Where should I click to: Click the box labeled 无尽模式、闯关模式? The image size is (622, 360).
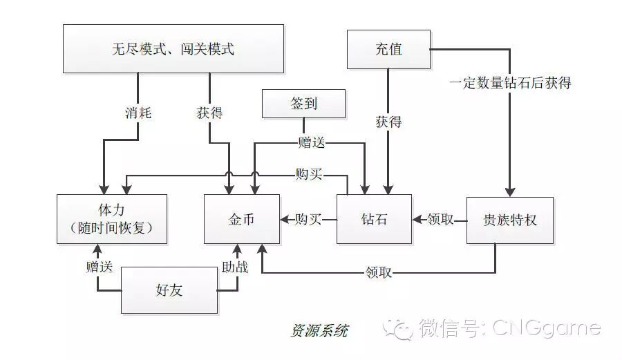point(173,48)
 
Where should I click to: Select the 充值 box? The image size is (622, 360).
point(388,48)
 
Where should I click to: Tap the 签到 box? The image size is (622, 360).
point(303,104)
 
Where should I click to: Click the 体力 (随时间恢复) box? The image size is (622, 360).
point(112,218)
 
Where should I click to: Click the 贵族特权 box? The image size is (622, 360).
point(510,220)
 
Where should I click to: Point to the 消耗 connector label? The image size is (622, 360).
point(138,113)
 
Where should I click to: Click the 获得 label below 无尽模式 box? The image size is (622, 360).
point(209,113)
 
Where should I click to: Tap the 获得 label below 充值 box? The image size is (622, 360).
point(388,122)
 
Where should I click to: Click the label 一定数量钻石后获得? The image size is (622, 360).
point(511,83)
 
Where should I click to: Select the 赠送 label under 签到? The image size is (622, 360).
point(311,143)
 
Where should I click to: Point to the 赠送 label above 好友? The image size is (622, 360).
point(99,266)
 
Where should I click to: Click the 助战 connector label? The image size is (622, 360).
point(234,266)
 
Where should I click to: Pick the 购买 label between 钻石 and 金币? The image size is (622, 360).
point(308,220)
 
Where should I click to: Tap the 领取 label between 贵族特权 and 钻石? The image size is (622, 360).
point(440,220)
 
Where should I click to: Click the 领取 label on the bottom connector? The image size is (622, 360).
point(378,272)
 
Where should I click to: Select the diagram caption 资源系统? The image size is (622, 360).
point(319,330)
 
